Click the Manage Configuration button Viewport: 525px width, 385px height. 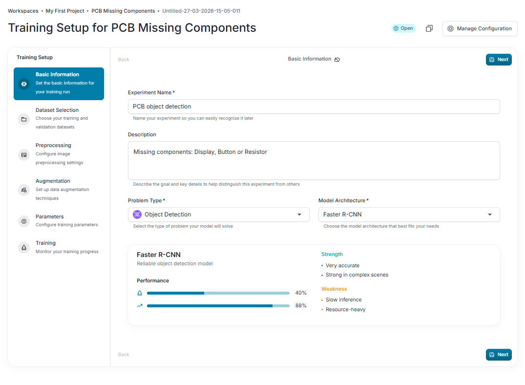(480, 28)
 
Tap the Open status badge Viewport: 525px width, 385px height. (403, 28)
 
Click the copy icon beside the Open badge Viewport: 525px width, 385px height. (429, 28)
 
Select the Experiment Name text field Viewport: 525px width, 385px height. (314, 107)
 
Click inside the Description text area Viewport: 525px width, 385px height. (314, 161)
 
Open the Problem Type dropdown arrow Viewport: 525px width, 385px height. (299, 214)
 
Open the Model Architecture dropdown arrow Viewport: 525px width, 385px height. (490, 214)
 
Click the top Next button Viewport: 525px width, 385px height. (499, 60)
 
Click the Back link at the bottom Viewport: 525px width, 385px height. (124, 355)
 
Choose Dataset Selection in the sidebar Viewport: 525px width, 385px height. (57, 110)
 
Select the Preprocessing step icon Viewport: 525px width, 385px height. (24, 155)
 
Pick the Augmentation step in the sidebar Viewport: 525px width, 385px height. (53, 181)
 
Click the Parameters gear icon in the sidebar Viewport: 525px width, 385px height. (24, 221)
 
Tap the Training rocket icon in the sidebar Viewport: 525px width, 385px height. (24, 248)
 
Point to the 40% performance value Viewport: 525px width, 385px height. (301, 293)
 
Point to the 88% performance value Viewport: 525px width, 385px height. (301, 305)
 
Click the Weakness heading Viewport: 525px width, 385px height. (334, 289)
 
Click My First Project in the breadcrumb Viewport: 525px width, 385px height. (65, 11)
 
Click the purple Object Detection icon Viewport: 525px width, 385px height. (137, 214)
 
